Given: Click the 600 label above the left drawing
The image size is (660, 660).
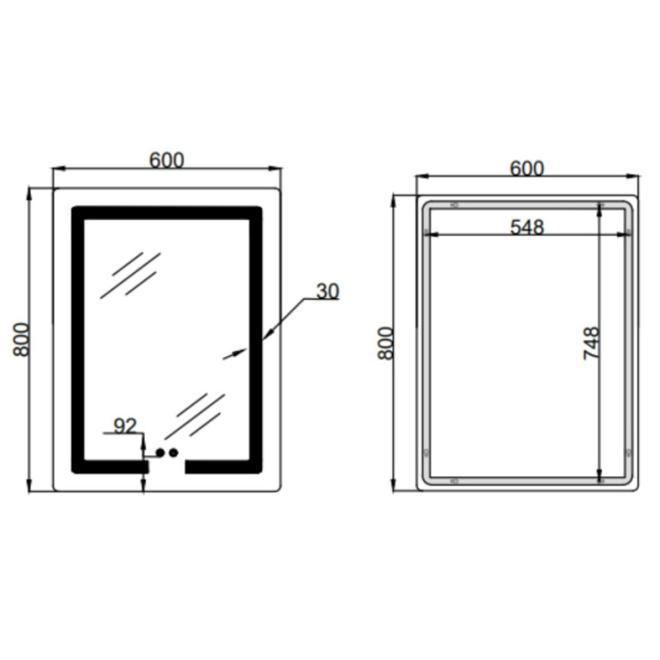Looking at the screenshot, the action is (x=167, y=160).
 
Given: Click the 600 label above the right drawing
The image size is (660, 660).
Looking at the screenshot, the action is (x=527, y=168).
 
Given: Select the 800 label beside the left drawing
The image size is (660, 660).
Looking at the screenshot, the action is (x=21, y=340).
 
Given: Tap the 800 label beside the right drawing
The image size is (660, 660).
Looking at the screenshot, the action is (x=385, y=343).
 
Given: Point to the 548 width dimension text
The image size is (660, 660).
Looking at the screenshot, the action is (x=527, y=227).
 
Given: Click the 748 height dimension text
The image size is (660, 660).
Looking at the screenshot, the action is (x=591, y=343).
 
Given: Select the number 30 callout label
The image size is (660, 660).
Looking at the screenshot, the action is (x=327, y=291).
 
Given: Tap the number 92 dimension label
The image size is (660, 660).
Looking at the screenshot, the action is (x=125, y=426).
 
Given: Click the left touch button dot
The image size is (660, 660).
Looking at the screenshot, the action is (x=160, y=453).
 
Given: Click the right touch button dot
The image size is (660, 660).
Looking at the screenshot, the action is (x=174, y=453).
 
